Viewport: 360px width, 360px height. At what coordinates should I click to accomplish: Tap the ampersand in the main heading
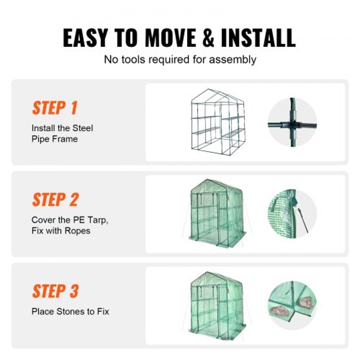point(208,38)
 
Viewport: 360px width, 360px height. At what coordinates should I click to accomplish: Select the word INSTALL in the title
point(258,38)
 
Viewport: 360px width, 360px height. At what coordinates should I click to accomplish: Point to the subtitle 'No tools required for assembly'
point(180,59)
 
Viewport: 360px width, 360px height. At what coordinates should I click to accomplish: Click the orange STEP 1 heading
point(54,108)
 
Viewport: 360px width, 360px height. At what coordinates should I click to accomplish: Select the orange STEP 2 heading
point(55,199)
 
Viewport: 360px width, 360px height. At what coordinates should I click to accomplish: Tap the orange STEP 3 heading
point(55,291)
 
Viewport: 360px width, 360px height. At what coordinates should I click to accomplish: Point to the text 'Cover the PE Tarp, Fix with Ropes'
point(69,225)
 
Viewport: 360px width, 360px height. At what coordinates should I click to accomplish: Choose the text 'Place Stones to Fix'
point(70,311)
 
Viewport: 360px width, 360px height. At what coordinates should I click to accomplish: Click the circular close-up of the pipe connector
point(292,122)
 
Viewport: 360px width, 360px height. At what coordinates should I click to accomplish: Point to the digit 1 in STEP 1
point(73,108)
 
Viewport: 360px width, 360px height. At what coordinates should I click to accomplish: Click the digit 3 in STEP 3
point(73,291)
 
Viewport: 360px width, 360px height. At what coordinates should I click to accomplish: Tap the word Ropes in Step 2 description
point(78,231)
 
